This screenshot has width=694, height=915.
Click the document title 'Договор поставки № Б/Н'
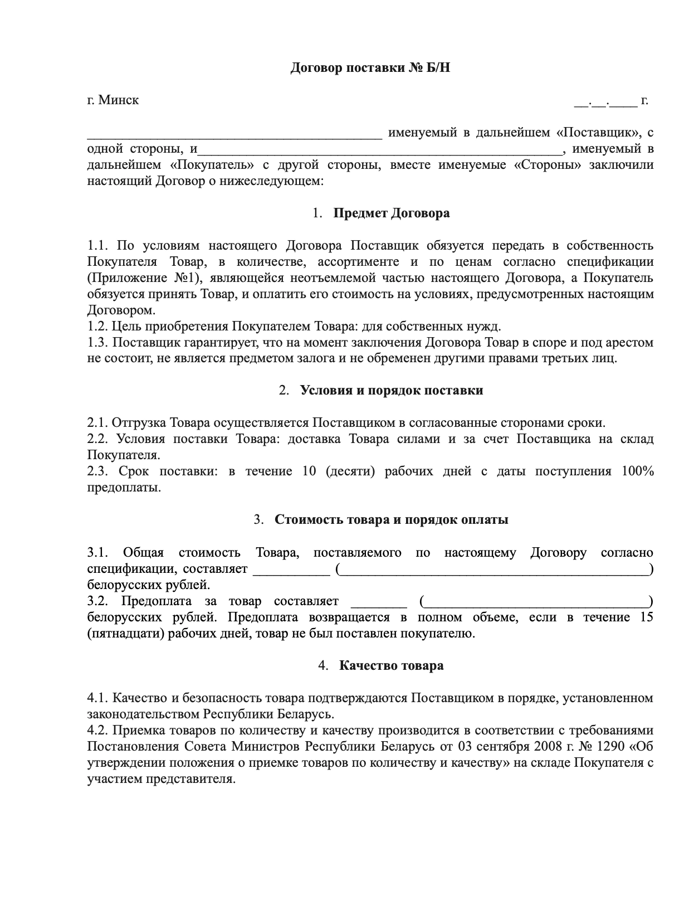369,68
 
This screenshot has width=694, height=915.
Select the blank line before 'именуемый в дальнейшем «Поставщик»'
234,134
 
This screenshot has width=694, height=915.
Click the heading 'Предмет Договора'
391,213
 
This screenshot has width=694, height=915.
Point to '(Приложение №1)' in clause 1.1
144,278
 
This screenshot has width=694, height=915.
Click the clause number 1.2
97,326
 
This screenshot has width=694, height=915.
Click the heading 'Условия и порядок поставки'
391,390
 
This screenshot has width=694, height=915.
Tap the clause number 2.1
97,423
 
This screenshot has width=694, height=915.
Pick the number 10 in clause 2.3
309,471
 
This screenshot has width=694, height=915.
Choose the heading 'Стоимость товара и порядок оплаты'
391,520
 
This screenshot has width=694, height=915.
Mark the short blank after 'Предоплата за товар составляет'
379,602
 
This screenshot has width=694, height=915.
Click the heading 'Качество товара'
391,666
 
